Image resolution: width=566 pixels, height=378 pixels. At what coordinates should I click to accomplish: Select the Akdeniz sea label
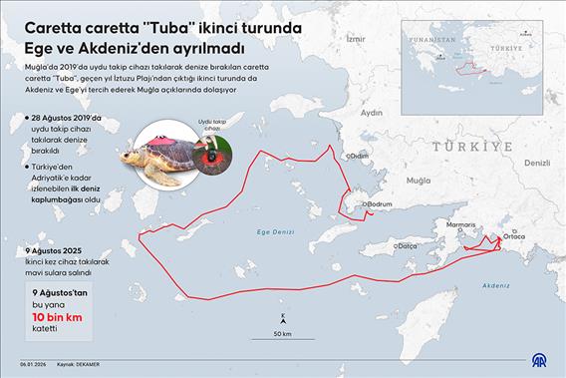tap(496, 284)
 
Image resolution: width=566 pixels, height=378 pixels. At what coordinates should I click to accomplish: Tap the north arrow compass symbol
tap(284, 318)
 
